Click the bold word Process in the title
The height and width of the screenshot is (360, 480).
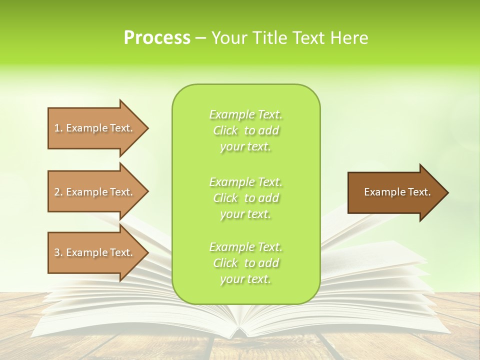[x=157, y=38]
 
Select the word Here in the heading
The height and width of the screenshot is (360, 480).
[x=349, y=38]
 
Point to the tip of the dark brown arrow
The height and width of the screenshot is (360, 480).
[x=447, y=192]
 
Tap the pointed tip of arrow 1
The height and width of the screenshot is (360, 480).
[x=147, y=128]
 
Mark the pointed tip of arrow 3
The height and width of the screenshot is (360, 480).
[x=147, y=253]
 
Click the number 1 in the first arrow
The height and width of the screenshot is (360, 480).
[x=57, y=128]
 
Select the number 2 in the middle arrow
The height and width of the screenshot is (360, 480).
[x=57, y=192]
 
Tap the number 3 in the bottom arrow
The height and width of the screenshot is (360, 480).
[x=57, y=252]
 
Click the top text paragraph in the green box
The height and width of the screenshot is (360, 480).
[x=245, y=130]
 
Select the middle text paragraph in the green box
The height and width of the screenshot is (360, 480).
[x=245, y=198]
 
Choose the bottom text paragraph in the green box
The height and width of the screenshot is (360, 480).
[x=245, y=263]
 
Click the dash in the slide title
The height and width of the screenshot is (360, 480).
[x=201, y=38]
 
